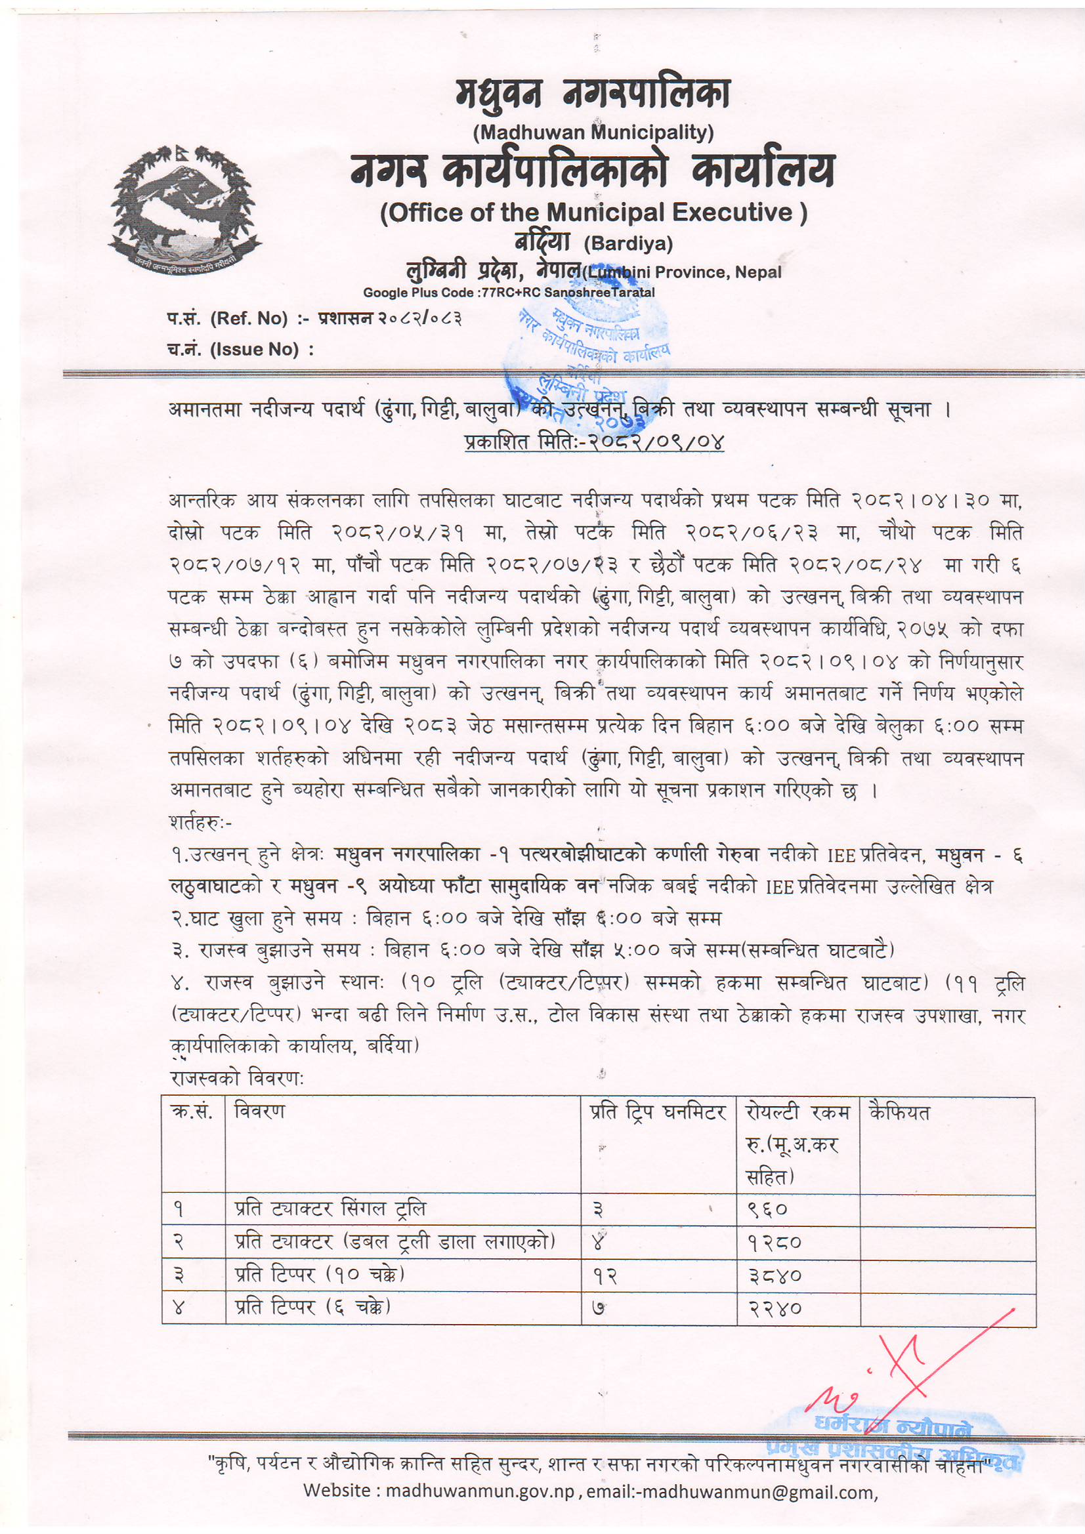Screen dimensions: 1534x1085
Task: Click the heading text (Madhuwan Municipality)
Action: pos(593,133)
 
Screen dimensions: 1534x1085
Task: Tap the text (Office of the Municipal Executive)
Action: pos(593,213)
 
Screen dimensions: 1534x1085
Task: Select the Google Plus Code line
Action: pos(509,293)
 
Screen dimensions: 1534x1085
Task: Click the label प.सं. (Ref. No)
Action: pos(227,319)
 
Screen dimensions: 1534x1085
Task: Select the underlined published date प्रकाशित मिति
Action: pos(593,442)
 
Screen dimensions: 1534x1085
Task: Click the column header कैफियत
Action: pos(899,1113)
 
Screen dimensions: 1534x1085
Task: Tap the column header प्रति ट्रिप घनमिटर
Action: pos(657,1112)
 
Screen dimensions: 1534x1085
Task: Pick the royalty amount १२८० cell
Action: pos(773,1243)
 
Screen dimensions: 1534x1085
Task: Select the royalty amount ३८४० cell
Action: pos(774,1275)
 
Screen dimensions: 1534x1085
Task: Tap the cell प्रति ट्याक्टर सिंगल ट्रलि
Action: pos(330,1209)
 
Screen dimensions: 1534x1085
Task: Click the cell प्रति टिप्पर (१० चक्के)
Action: pos(320,1275)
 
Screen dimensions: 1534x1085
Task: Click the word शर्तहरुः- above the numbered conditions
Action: pos(201,823)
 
